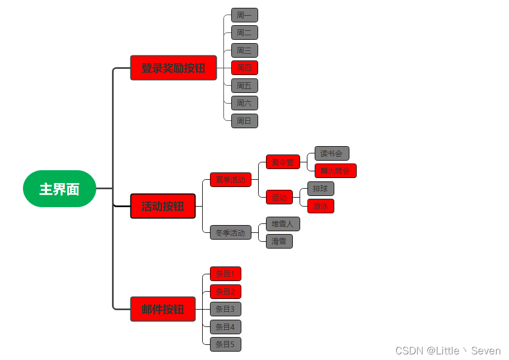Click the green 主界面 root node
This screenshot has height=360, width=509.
point(59,189)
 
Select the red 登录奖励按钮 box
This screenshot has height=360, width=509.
point(173,68)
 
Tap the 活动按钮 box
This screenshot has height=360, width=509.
point(162,206)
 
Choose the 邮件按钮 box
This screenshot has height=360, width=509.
point(162,309)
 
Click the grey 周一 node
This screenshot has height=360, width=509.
point(244,15)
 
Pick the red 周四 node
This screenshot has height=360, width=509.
point(244,68)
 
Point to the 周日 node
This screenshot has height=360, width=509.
point(244,120)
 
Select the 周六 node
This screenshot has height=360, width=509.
point(244,103)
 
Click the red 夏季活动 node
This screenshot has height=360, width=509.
point(230,180)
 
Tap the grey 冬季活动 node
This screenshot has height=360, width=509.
point(230,232)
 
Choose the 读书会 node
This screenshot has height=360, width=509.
point(331,153)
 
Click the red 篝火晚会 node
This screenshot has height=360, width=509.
point(335,171)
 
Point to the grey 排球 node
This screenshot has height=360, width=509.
point(320,189)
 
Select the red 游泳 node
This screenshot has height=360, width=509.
point(320,206)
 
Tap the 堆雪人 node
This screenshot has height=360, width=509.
point(282,224)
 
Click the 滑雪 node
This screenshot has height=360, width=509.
point(279,241)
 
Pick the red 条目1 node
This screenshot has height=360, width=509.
point(225,274)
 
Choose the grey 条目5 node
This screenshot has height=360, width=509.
point(225,344)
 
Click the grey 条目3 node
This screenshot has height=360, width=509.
point(225,309)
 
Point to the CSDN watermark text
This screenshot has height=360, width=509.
point(447,351)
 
